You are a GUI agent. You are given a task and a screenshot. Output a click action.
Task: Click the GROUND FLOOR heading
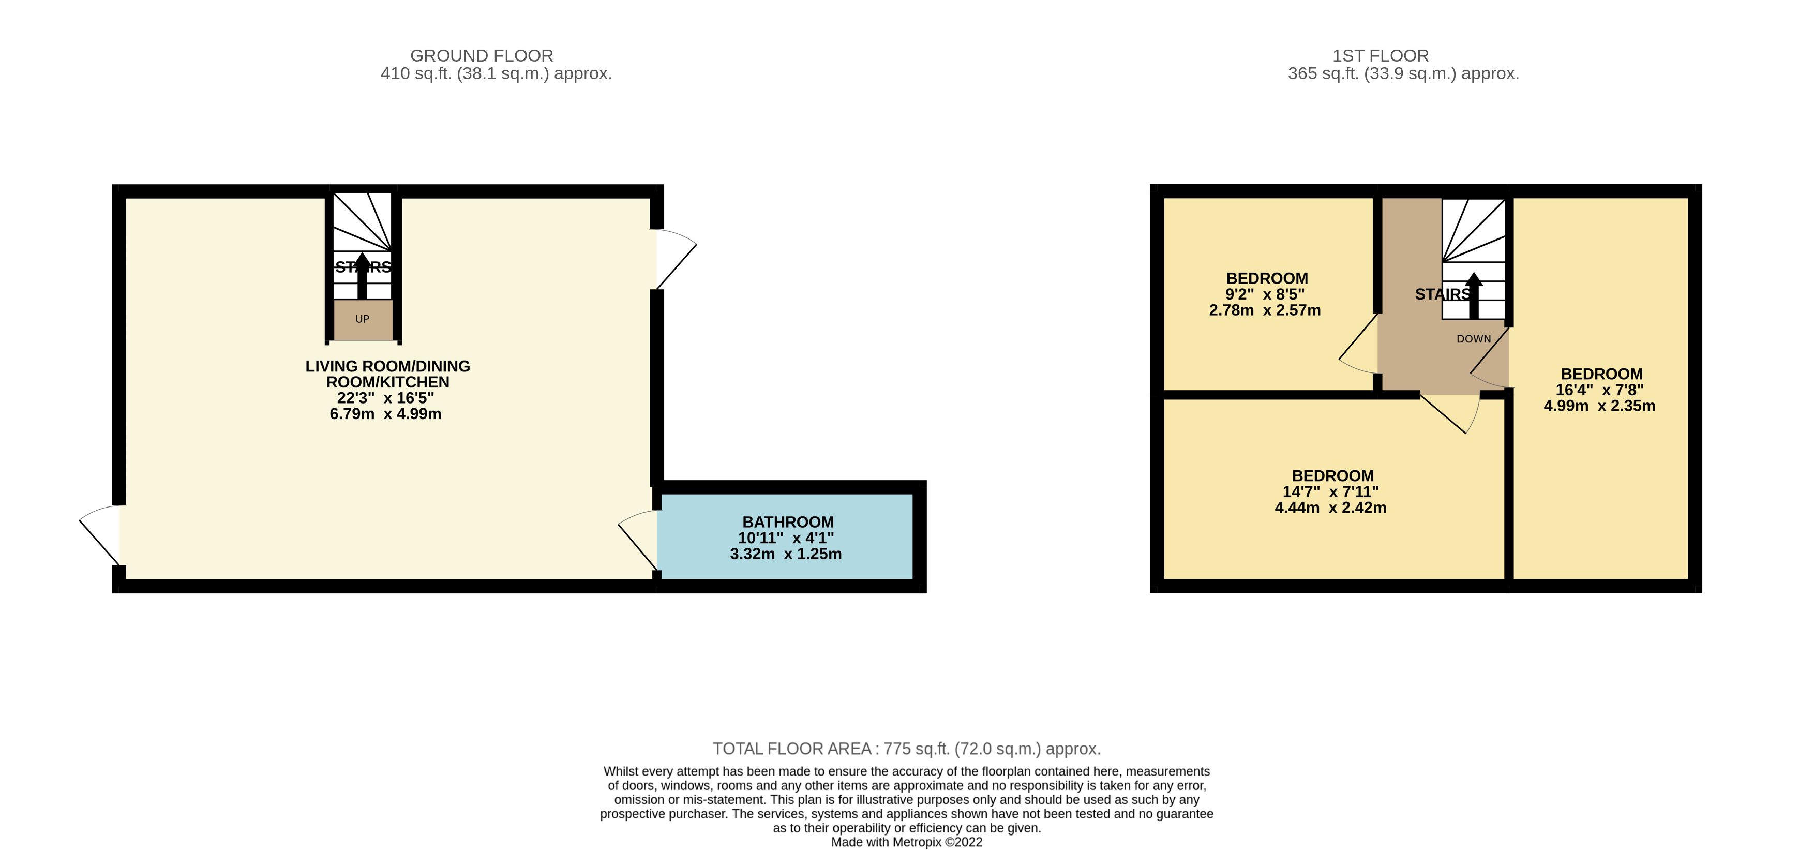[482, 56]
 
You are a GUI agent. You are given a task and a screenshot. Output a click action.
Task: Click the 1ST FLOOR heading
[1380, 56]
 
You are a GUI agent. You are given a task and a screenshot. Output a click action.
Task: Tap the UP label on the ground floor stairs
[362, 319]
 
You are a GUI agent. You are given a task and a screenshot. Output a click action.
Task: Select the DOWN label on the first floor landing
[1474, 339]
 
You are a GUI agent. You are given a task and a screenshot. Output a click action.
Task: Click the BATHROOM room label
[788, 522]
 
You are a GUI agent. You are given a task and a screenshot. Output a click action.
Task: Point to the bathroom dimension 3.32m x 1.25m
[786, 554]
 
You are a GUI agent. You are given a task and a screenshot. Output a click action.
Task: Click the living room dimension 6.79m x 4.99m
[386, 414]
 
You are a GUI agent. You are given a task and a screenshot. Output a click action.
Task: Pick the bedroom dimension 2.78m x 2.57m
[1265, 310]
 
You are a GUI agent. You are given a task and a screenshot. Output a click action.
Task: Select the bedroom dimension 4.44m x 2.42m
[1330, 508]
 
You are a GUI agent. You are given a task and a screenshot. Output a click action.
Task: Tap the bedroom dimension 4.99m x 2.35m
[1599, 406]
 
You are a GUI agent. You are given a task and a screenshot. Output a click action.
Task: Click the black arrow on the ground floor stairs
[362, 276]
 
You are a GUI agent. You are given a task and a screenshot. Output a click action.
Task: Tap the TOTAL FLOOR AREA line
[906, 749]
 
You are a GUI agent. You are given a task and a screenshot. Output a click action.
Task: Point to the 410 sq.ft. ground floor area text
[496, 74]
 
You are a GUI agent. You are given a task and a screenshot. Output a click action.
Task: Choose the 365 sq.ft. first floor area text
[1403, 74]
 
